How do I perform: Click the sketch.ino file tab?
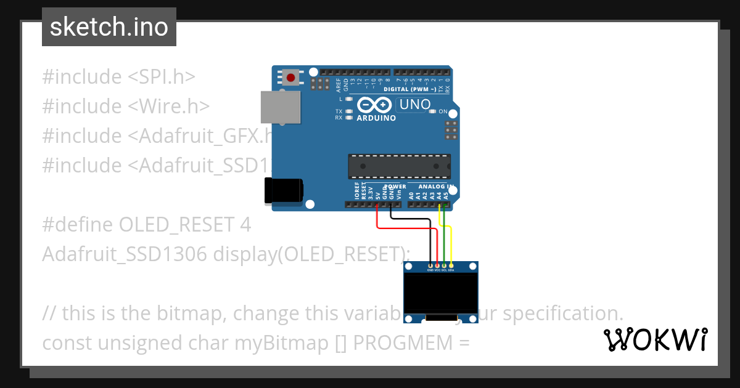109,27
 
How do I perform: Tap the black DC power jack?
283,190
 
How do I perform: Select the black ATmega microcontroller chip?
399,166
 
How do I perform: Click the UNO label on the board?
415,105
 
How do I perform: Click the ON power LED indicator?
434,111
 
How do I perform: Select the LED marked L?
349,99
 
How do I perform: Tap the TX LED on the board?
349,111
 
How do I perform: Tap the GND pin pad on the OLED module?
430,265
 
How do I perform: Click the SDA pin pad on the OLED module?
451,265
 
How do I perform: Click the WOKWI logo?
656,339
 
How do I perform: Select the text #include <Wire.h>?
126,106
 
